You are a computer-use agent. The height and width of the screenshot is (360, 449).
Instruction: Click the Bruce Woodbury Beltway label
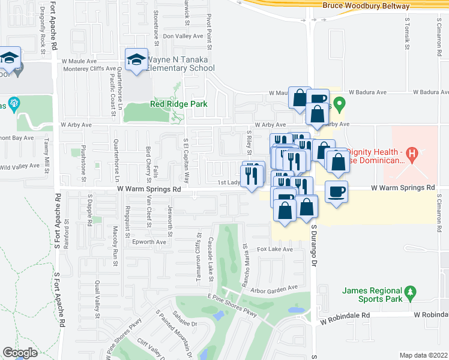(366, 6)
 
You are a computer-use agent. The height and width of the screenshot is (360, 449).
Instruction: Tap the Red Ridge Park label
(178, 104)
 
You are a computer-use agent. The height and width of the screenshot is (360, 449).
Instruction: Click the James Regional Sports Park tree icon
(411, 292)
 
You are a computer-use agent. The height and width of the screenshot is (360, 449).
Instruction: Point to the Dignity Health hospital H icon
(412, 154)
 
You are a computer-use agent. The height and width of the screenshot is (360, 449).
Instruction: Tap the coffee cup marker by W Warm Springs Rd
(336, 191)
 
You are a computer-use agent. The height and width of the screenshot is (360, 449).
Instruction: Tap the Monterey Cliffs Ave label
(89, 69)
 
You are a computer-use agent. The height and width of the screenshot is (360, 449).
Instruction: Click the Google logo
(20, 353)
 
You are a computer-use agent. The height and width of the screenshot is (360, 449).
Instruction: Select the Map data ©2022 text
(423, 355)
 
